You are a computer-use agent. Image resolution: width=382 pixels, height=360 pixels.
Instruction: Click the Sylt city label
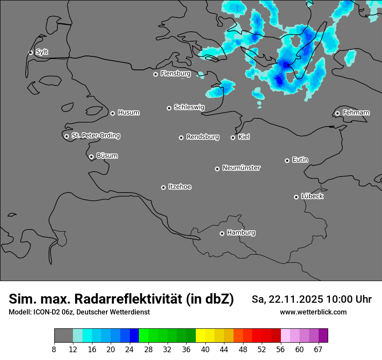coord(42,52)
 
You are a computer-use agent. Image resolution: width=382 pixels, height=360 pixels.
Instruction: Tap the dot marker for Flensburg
coord(155,74)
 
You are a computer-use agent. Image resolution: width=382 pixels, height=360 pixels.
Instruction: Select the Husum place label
coord(128,113)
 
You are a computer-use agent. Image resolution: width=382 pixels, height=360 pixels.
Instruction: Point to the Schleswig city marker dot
coord(169,108)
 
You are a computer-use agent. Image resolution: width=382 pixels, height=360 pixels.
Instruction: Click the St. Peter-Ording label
coord(95,136)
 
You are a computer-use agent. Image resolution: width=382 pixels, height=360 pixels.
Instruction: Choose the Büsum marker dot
coord(91,157)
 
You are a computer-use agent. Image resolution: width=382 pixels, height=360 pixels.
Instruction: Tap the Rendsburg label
coord(203,137)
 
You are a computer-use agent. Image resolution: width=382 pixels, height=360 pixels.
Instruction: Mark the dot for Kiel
coord(233,137)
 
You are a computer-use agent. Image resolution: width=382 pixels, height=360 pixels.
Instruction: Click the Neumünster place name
coord(241,168)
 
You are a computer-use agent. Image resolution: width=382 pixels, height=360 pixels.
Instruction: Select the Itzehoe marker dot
coord(163,187)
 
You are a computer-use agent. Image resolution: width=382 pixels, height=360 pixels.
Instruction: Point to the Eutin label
coord(300,160)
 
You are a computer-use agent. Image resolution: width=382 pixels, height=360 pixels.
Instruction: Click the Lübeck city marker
coord(296,197)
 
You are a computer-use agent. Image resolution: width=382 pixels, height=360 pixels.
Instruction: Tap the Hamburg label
coord(241,233)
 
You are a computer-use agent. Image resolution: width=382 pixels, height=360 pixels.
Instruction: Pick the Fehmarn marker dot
coord(337,113)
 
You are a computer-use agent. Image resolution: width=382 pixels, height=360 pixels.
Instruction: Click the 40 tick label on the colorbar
coord(205,349)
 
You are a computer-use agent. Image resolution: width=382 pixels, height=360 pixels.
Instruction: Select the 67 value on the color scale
coord(318,349)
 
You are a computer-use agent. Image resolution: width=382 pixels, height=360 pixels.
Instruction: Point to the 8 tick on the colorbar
coord(54,349)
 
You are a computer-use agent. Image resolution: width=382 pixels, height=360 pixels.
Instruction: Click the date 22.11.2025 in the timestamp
coord(296,299)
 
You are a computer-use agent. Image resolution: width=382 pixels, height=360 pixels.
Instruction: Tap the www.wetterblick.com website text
coord(313,312)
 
